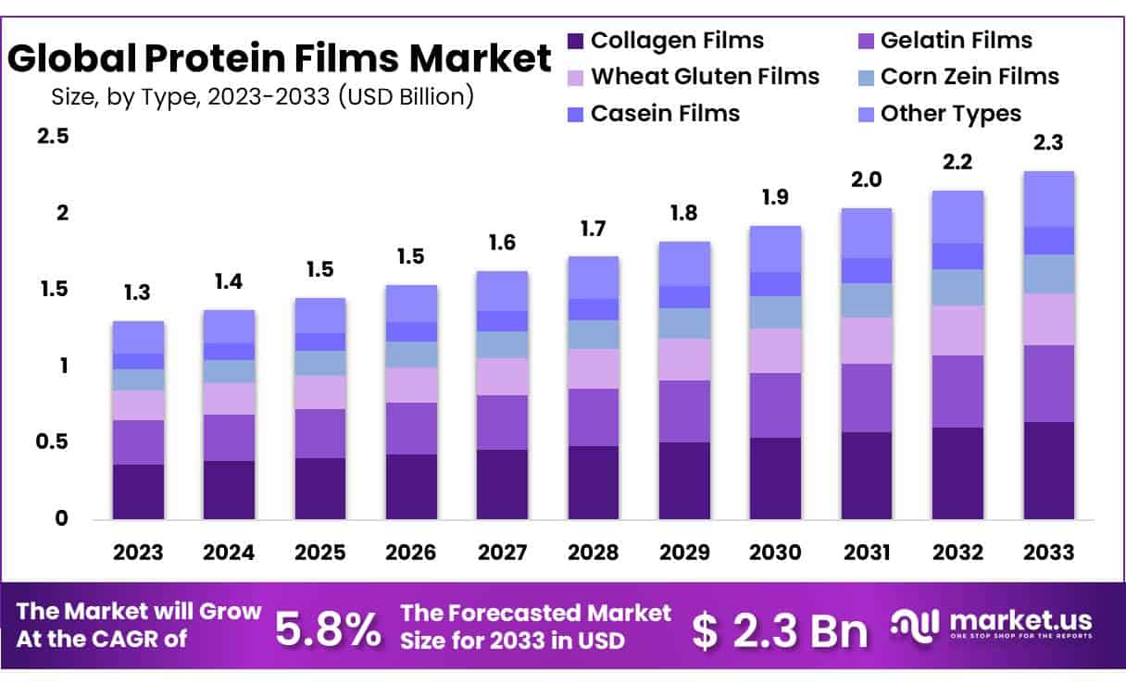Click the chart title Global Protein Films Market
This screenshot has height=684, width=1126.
tap(280, 60)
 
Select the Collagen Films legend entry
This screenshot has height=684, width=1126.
tap(665, 41)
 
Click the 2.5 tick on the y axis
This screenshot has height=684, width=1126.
tap(53, 137)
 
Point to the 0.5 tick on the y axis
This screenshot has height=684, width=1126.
tap(53, 442)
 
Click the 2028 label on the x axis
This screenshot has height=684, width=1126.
tap(593, 553)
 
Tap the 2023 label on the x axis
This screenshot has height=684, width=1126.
tap(138, 553)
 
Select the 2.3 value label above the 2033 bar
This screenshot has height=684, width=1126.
tap(1048, 143)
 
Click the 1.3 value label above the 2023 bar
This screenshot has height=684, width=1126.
tap(138, 293)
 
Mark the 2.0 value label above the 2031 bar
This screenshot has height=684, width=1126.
tap(866, 180)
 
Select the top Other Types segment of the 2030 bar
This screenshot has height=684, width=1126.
tap(775, 248)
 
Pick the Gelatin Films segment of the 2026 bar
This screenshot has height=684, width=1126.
tap(411, 428)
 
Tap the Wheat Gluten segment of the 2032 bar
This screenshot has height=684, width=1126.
tap(957, 330)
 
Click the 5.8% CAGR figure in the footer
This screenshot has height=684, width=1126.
tap(328, 630)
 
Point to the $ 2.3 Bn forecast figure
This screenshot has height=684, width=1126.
tap(780, 630)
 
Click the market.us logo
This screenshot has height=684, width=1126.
tap(991, 624)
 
